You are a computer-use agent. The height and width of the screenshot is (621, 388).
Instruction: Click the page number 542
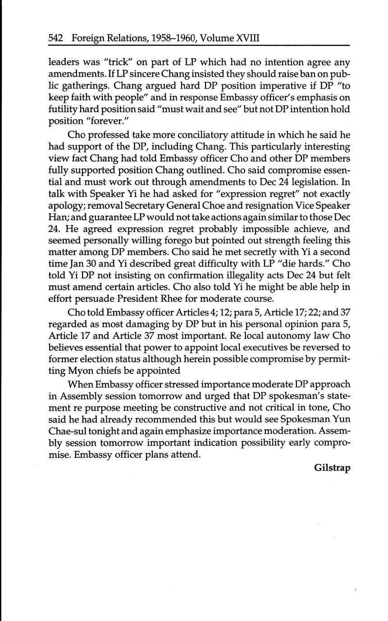point(56,38)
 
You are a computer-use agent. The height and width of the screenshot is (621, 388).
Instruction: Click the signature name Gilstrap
point(332,467)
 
